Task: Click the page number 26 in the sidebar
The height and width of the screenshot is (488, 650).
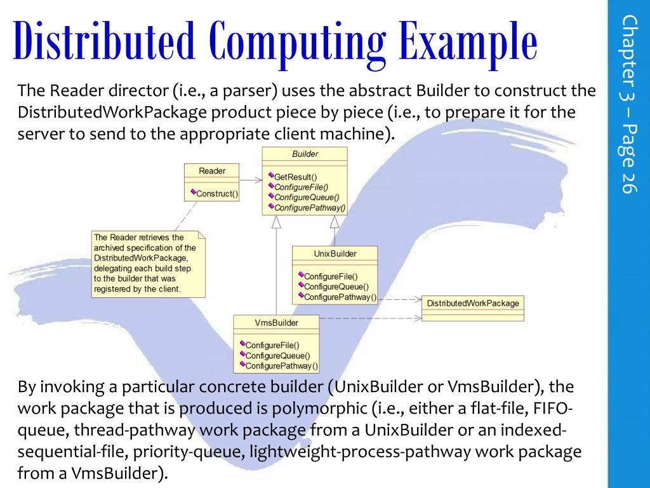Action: click(628, 182)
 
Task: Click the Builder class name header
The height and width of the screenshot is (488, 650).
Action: click(305, 154)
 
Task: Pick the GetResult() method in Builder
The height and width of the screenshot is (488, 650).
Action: click(295, 177)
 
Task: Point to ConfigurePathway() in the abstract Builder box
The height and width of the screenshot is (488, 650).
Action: click(310, 207)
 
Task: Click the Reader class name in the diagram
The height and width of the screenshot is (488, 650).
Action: click(211, 171)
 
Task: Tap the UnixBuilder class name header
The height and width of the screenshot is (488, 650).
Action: click(335, 254)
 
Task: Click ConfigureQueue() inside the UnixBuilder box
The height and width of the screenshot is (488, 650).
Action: click(336, 287)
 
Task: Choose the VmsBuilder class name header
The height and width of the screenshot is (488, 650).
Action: click(276, 323)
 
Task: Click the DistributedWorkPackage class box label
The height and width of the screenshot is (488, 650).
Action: click(472, 303)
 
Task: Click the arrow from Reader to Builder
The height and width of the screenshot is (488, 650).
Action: click(251, 180)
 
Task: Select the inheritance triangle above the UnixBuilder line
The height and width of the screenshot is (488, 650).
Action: click(335, 222)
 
